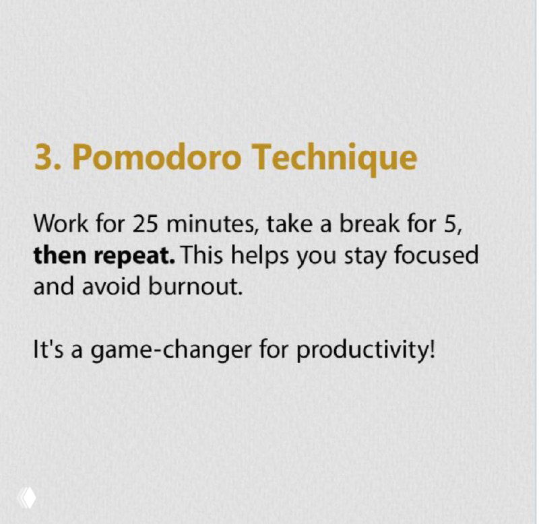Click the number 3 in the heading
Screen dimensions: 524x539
[x=43, y=157]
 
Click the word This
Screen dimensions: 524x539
[x=205, y=255]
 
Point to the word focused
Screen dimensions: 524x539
[x=439, y=255]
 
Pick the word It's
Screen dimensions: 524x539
[x=49, y=351]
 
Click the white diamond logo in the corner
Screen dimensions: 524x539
[x=28, y=498]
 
